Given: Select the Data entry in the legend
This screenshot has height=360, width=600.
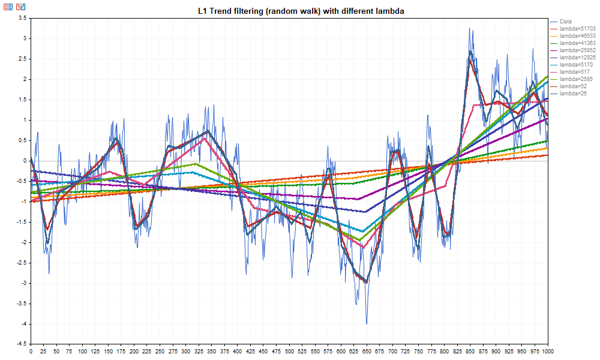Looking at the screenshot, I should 566,22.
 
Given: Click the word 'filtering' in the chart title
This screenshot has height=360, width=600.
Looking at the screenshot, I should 251,11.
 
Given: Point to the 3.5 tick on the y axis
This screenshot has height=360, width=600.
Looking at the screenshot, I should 22,18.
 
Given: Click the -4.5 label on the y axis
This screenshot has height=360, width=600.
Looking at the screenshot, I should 20,344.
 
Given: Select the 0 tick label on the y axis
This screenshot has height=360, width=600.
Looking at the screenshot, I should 24,161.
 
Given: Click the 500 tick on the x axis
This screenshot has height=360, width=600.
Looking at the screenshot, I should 290,352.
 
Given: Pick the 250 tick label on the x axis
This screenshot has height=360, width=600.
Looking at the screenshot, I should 160,352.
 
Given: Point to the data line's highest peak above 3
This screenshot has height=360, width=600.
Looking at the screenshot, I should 470,28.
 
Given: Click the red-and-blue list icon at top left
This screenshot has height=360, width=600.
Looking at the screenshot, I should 8,7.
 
